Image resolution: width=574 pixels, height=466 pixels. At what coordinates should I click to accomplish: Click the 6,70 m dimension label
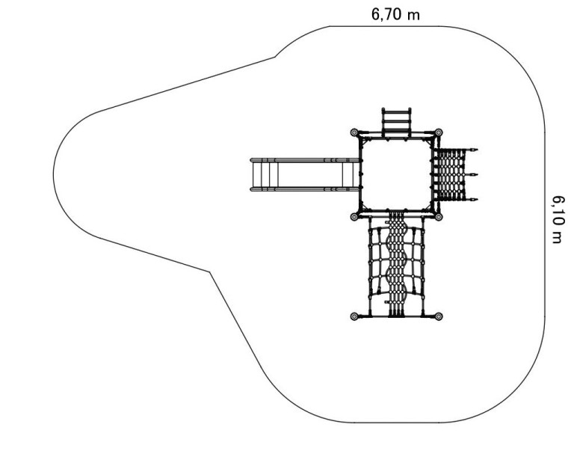pos(395,14)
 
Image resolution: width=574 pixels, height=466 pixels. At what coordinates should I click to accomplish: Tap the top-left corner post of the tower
pos(354,132)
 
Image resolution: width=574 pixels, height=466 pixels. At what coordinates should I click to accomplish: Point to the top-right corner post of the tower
pos(439,132)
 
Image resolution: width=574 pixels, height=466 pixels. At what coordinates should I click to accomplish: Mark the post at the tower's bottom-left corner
pos(354,217)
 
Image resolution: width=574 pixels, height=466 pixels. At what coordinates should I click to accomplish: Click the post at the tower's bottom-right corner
pos(439,217)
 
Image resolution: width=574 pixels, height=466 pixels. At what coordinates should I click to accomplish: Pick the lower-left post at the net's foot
pos(354,316)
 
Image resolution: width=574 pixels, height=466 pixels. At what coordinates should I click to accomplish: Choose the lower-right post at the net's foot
pos(439,316)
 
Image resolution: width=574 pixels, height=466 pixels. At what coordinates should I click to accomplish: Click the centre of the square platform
pos(396,175)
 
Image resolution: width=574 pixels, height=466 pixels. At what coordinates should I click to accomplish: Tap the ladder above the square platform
pos(396,122)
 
